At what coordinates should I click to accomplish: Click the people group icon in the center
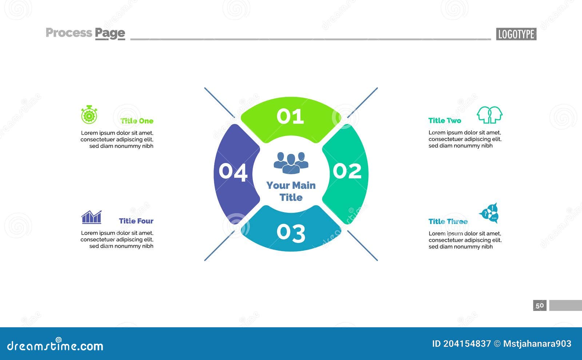coord(291,163)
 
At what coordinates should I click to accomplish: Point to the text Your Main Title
coord(291,191)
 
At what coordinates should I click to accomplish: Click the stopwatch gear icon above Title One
coord(89,115)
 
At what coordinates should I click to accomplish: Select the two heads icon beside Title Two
coord(490,115)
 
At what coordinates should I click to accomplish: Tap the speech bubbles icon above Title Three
coord(490,213)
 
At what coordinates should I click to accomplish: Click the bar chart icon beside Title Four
coord(91,217)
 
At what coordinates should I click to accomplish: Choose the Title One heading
coord(137,121)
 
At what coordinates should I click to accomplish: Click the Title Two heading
coord(445,121)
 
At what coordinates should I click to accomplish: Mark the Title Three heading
coord(448,221)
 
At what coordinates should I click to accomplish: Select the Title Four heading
coord(136,221)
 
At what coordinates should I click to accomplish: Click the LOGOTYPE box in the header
coord(516,34)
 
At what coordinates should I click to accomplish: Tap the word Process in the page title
coord(69,33)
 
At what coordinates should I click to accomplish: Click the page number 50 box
coord(540,305)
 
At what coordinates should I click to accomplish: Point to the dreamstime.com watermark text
coord(55,346)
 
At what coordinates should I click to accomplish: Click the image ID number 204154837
coord(467,344)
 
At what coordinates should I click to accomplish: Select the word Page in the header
coord(110,33)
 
